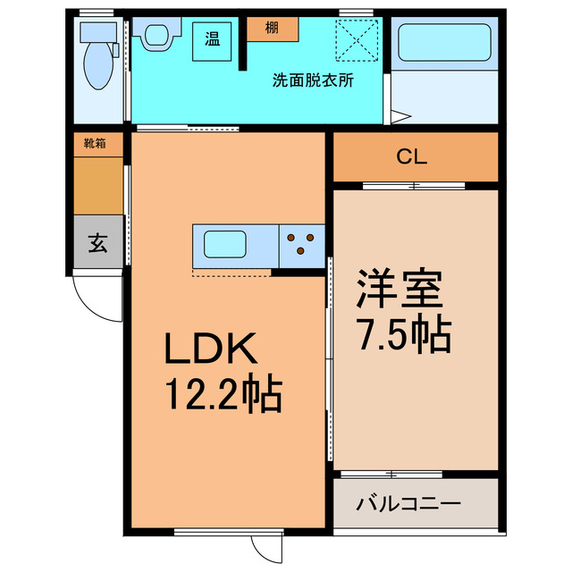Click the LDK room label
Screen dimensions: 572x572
[x=211, y=349]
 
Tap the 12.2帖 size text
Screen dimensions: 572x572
[x=222, y=393]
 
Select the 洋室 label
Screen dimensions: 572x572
[x=400, y=290]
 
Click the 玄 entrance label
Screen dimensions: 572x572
[x=97, y=243]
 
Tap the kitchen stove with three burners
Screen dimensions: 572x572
[x=300, y=244]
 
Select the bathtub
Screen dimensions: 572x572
[x=444, y=42]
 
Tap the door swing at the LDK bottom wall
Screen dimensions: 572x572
[x=266, y=546]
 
